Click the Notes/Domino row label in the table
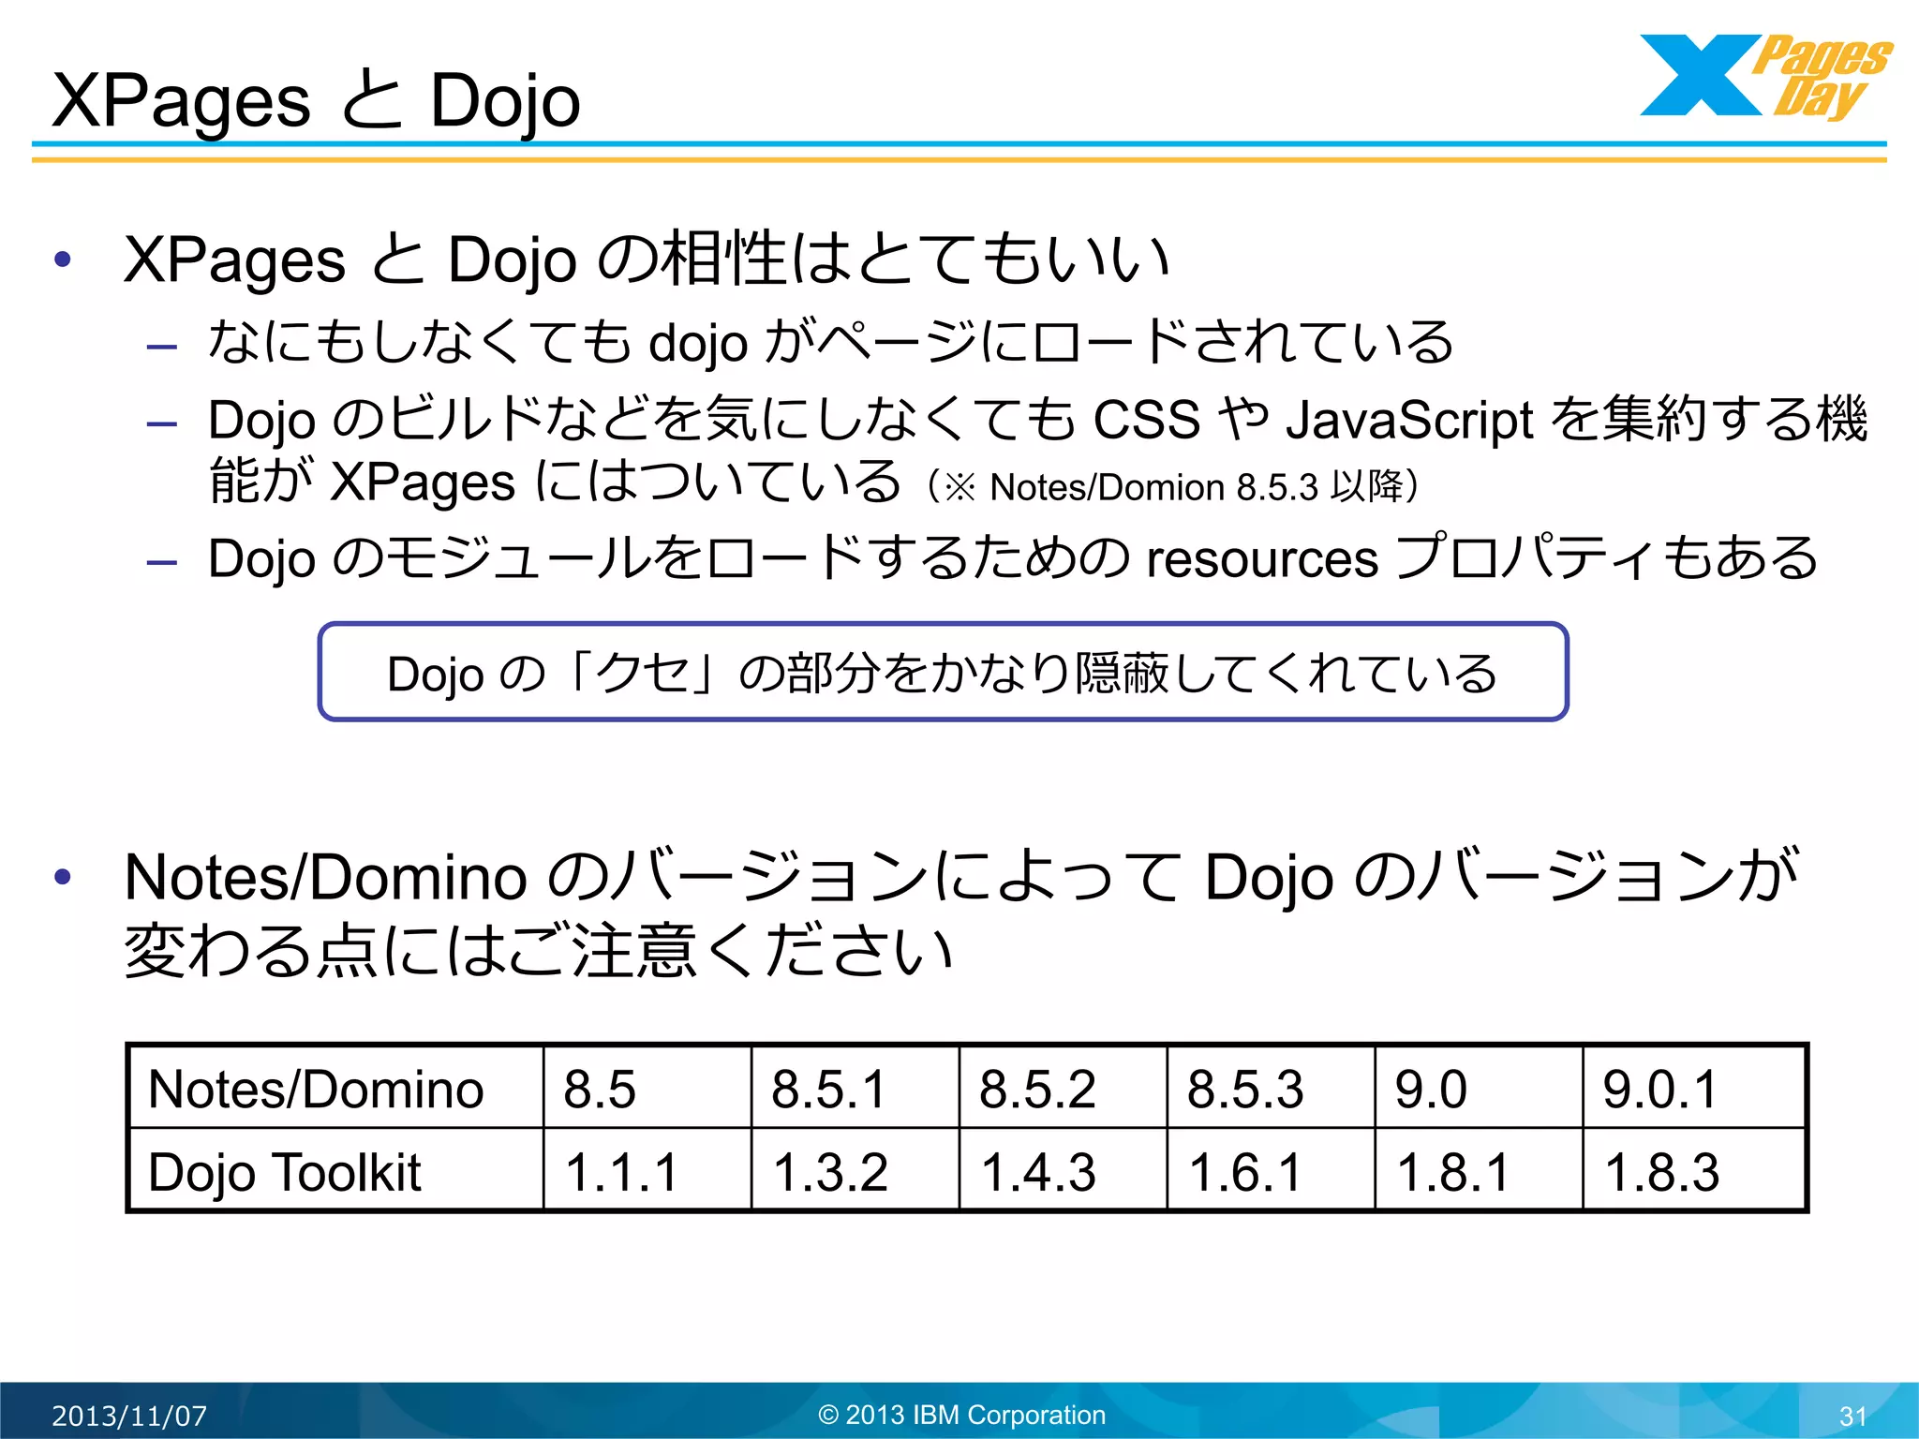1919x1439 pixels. [x=316, y=1090]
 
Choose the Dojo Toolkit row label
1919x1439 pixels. [x=285, y=1172]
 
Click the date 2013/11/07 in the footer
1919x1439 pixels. [x=129, y=1415]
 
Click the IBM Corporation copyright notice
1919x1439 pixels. [x=962, y=1415]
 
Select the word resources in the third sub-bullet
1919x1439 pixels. [x=1262, y=559]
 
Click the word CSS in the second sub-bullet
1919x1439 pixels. [x=1147, y=420]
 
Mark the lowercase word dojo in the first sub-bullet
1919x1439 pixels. [x=698, y=343]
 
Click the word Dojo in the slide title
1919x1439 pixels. [x=505, y=100]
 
